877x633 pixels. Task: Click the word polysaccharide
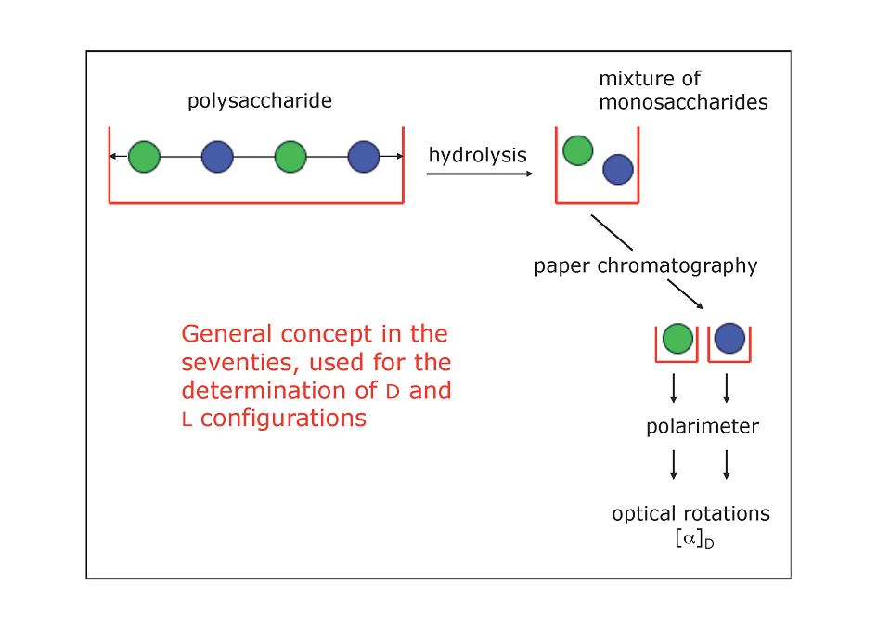click(x=260, y=101)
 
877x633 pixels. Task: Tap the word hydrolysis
click(x=478, y=155)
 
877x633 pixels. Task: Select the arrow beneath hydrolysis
click(x=479, y=174)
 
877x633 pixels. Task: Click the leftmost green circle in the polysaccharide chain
click(x=144, y=157)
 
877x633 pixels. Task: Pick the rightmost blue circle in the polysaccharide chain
click(x=364, y=157)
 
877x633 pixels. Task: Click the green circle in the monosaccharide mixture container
click(x=578, y=150)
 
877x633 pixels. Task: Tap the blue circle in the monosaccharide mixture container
click(x=618, y=170)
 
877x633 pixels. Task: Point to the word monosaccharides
click(x=683, y=102)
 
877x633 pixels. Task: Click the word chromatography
click(x=677, y=266)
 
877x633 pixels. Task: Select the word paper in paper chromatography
click(x=561, y=267)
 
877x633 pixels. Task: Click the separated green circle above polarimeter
click(x=677, y=338)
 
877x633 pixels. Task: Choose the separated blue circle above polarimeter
click(x=729, y=338)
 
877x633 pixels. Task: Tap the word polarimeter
click(x=703, y=427)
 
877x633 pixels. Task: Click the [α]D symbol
click(x=695, y=538)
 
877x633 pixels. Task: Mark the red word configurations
click(x=284, y=419)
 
